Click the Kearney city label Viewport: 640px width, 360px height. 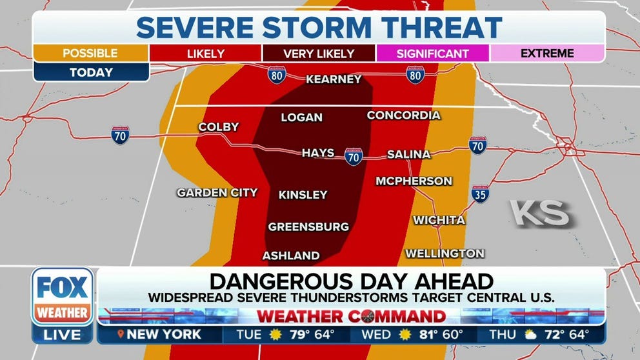334,79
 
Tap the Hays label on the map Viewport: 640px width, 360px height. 318,153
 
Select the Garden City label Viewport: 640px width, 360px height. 217,192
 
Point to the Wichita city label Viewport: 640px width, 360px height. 439,220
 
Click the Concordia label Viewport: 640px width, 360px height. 403,115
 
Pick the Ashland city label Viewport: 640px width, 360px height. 290,255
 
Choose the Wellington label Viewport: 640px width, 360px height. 444,253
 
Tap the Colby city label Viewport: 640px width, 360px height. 218,127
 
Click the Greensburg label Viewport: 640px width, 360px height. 308,226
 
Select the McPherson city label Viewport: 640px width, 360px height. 414,181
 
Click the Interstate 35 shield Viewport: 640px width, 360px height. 480,193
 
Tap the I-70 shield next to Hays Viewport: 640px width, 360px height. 354,156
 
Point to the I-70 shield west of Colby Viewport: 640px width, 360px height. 120,135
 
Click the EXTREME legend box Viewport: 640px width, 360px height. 547,54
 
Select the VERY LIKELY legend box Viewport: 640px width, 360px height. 319,54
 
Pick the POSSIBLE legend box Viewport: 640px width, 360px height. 90,54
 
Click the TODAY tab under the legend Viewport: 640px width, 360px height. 90,73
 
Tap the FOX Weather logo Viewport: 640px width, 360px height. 63,296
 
